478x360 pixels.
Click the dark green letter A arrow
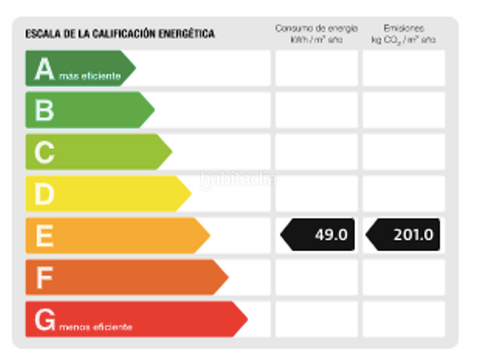coord(78,68)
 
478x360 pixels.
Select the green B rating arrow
coord(87,110)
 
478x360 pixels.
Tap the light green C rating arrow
coord(96,152)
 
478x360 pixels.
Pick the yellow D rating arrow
coord(105,193)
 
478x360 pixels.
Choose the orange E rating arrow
coord(114,235)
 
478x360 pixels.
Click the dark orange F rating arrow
coord(123,277)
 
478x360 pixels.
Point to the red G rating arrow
coord(132,319)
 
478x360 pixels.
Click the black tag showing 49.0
coord(318,235)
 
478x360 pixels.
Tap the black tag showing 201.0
coord(404,235)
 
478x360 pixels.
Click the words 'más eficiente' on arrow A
coord(90,77)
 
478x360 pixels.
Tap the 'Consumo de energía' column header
coord(316,28)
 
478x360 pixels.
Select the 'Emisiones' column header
coord(404,28)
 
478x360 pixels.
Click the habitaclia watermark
coord(238,179)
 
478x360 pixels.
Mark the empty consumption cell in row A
coord(316,68)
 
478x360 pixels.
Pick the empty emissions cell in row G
coord(404,319)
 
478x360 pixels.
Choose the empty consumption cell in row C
coord(316,152)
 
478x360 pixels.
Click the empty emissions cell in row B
coord(404,110)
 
